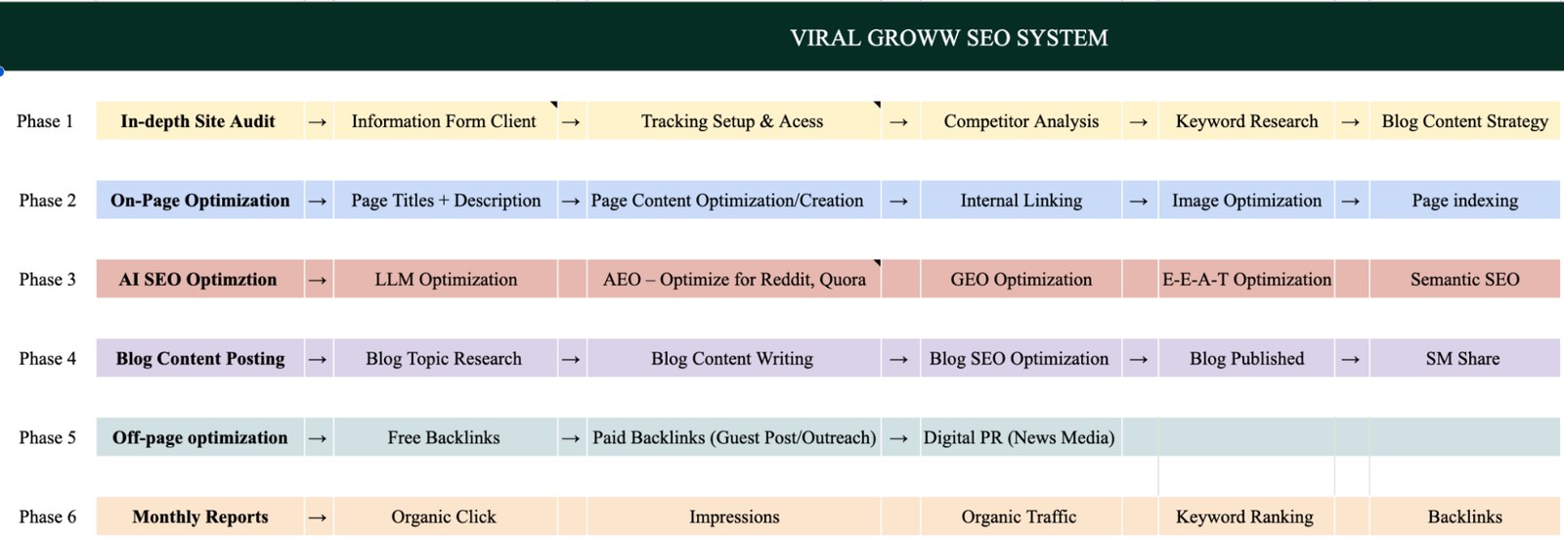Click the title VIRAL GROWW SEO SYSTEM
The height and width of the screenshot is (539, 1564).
point(949,38)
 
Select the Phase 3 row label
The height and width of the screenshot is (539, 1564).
point(48,280)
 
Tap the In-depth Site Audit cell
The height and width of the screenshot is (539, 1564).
point(199,121)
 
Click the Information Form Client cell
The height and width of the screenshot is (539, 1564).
point(445,121)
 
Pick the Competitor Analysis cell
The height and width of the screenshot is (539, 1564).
point(1021,121)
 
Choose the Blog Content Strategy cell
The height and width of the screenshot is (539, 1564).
point(1465,121)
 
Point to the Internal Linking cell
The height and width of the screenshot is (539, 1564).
point(1021,201)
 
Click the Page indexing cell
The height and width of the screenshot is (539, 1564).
point(1465,201)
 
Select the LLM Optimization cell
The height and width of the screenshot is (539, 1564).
point(445,280)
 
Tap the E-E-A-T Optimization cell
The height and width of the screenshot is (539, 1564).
point(1246,280)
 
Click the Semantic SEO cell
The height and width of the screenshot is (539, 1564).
point(1465,280)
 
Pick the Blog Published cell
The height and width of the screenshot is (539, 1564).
point(1246,359)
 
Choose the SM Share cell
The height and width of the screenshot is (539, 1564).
point(1465,359)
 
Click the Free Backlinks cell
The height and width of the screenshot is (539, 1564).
point(445,437)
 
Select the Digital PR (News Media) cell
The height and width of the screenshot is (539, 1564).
point(1021,437)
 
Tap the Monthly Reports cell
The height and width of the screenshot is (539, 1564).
point(199,517)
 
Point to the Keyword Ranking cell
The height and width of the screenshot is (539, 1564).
point(1246,517)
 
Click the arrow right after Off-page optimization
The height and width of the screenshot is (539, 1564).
point(318,438)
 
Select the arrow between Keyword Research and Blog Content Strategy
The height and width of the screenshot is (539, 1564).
point(1351,122)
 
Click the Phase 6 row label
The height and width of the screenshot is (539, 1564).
point(48,517)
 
